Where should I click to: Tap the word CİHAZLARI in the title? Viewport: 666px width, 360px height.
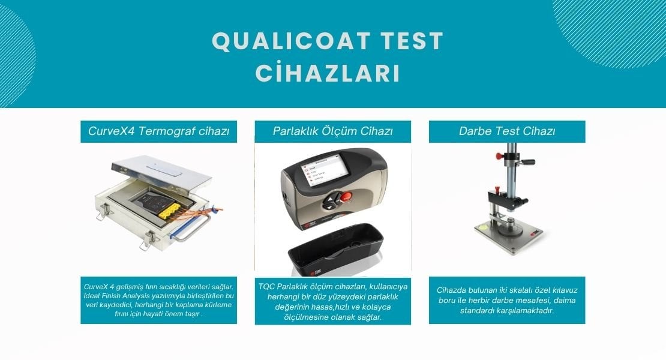click(x=328, y=73)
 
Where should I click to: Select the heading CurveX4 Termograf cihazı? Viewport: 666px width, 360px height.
click(x=158, y=131)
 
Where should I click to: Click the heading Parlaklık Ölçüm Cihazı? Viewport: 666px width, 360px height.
click(x=332, y=131)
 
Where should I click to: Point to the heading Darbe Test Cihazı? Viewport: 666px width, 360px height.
click(x=507, y=131)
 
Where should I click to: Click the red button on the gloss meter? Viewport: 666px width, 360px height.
click(x=347, y=196)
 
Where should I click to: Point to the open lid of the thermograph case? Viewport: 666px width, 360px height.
click(x=161, y=172)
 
